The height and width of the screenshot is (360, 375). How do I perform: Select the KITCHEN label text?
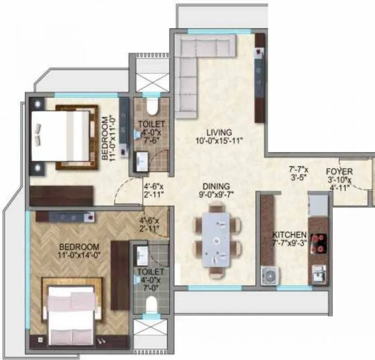(x=290, y=234)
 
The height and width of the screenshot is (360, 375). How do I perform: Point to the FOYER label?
(x=339, y=172)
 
